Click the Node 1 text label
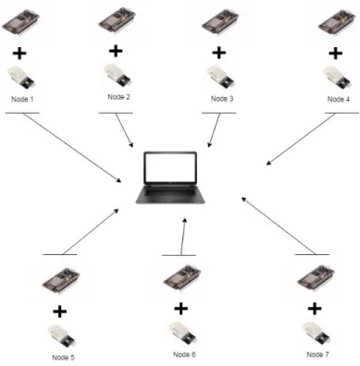coord(22,99)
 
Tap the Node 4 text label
coord(339,99)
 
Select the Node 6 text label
coord(184,354)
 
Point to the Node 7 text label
coord(317,354)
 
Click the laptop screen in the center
coord(170,167)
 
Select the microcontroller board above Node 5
coord(61,280)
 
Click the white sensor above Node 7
coord(317,334)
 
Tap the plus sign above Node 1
coord(19,54)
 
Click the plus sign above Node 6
coord(181,309)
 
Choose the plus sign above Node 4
coord(336,54)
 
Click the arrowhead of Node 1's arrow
coord(120,181)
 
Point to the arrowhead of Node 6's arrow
coord(185,220)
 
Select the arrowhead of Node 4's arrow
coord(268,164)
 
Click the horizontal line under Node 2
coord(116,113)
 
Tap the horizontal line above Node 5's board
coord(60,254)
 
